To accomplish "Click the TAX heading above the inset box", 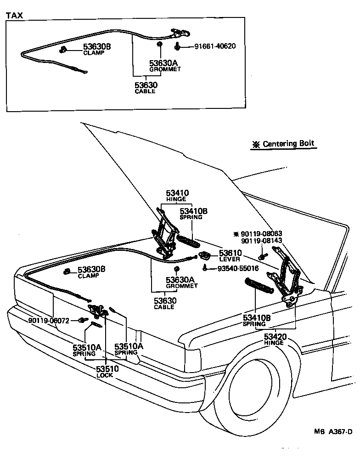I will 14,15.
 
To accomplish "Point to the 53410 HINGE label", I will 176,196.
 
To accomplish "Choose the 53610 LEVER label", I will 230,255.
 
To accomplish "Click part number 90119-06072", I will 48,321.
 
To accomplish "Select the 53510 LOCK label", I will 107,371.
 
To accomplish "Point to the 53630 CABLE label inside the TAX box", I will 146,88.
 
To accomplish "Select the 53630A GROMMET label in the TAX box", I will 165,66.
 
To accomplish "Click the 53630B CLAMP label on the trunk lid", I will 91,272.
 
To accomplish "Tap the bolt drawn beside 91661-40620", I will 177,46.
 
